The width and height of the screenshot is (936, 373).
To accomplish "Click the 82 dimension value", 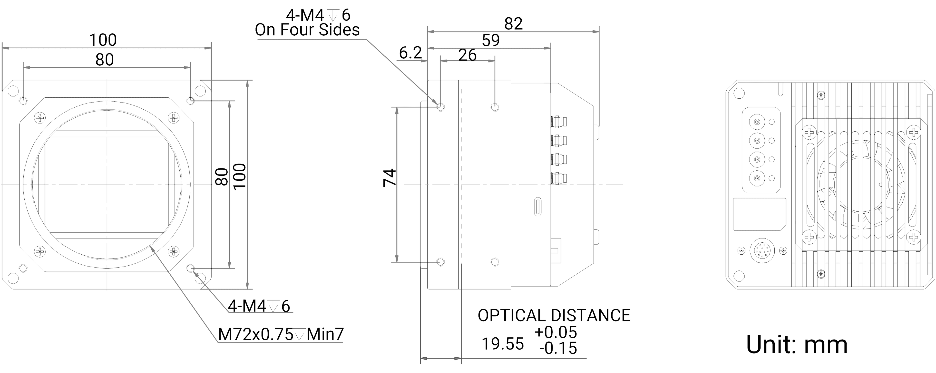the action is pos(513,24).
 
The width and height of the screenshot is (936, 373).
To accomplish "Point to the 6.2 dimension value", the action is pos(410,53).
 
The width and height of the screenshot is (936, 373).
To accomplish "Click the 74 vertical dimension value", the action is pos(390,177).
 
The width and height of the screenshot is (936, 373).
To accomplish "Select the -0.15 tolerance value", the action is pos(558,348).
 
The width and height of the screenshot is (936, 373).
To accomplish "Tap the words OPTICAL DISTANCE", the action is pos(554,315).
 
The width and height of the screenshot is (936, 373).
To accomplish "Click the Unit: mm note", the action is pos(797,345).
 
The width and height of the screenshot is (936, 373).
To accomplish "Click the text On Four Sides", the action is pos(307,30).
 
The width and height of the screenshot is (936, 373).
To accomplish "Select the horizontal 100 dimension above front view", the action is pos(103,40).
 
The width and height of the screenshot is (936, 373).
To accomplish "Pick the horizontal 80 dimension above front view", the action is pos(105,60).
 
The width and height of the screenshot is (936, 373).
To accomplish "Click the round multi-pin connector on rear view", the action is pos(762,251).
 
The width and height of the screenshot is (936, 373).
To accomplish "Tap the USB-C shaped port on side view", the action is pos(538,207).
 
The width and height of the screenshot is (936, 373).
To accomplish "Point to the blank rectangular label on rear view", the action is pos(760,214).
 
